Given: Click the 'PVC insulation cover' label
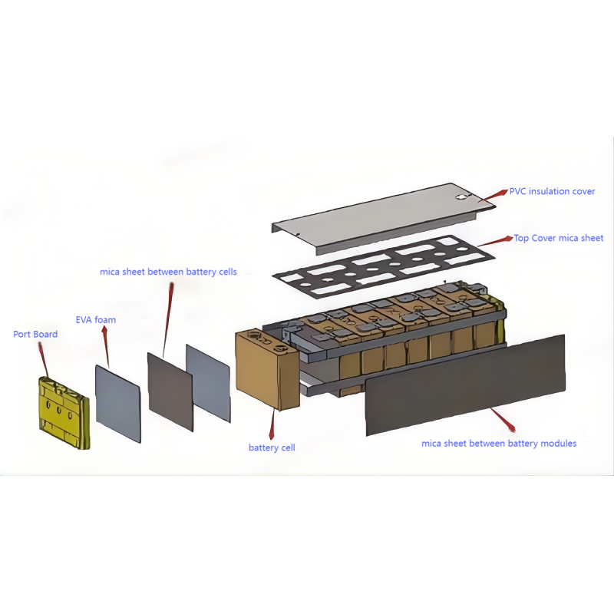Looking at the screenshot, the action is [x=552, y=191].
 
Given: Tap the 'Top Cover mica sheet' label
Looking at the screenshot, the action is [x=559, y=238].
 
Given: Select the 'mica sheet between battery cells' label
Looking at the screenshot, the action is [x=168, y=272].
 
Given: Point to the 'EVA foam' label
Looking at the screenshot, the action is [x=96, y=320].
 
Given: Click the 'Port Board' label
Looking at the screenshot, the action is [x=35, y=334].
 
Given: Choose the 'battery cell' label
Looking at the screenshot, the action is [x=272, y=447].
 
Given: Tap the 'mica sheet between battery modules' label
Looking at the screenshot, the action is [x=499, y=444].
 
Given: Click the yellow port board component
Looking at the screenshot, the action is [x=64, y=413].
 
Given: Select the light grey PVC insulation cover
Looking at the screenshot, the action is [x=384, y=219].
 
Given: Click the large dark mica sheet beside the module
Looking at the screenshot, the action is [x=465, y=385].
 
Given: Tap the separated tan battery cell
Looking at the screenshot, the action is [x=267, y=369].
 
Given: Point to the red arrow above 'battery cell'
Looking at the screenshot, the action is [x=272, y=424].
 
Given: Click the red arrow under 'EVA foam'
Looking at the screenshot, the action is [x=106, y=346].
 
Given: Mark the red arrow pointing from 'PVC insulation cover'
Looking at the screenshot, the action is [x=493, y=196].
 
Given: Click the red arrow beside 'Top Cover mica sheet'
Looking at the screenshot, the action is [x=495, y=241].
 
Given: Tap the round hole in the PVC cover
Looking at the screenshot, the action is [x=462, y=198].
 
